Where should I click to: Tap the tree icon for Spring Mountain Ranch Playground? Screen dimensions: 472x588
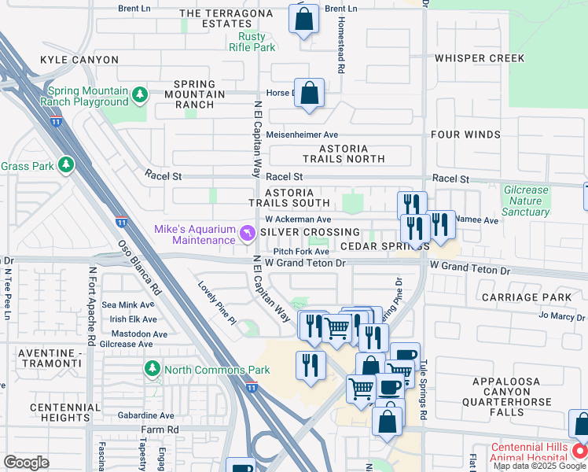(x=140, y=95)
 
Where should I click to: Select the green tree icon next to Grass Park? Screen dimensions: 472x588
(x=67, y=165)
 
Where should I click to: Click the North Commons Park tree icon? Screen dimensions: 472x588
(x=152, y=369)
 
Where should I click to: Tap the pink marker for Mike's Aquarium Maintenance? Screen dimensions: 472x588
(x=248, y=233)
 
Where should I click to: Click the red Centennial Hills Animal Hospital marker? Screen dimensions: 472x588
(x=579, y=452)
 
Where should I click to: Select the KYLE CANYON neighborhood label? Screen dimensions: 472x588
(x=79, y=60)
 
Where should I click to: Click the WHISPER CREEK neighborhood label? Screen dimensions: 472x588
(x=479, y=58)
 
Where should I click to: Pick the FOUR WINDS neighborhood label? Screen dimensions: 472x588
(x=465, y=135)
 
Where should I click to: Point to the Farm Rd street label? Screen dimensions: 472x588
(x=160, y=430)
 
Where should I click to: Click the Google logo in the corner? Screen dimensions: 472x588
(x=26, y=463)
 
